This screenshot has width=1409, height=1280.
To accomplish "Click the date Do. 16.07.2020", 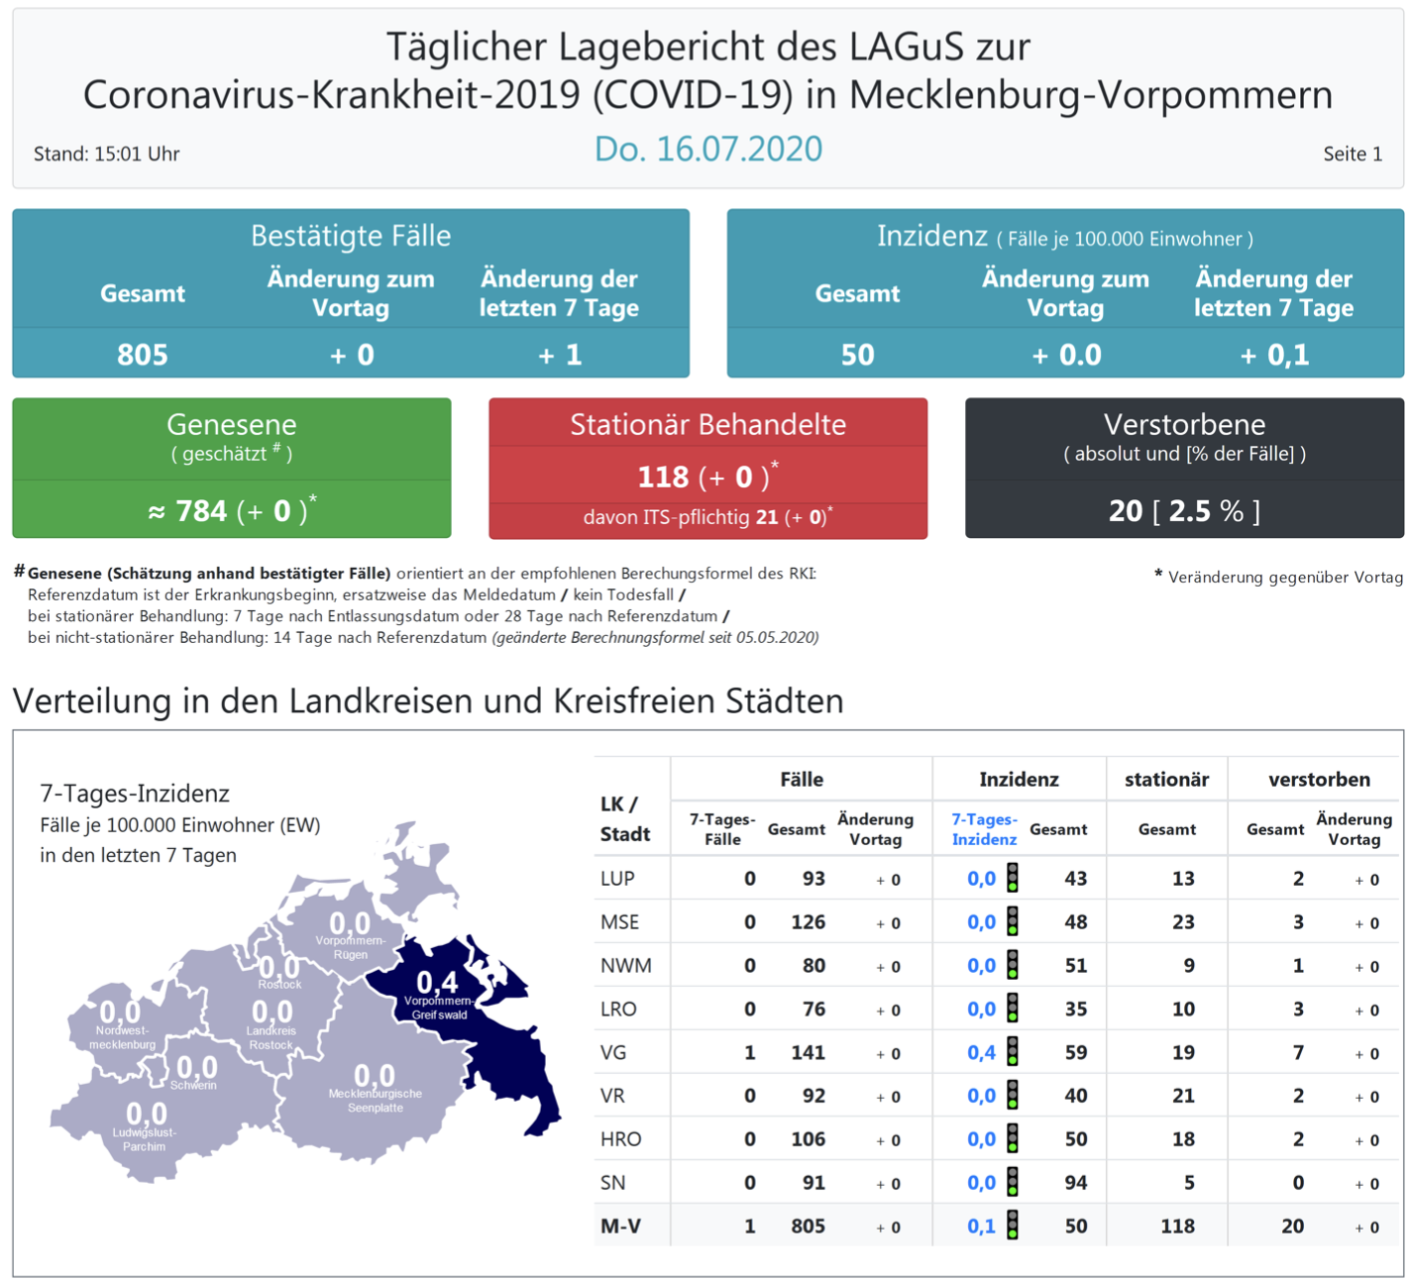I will (707, 149).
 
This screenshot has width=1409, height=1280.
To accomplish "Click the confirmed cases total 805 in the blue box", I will (143, 355).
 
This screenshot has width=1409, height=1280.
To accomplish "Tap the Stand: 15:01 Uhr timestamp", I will (107, 154).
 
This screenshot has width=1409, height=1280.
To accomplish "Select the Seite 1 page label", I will (1352, 154).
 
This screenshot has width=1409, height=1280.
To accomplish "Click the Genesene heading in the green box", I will (231, 424).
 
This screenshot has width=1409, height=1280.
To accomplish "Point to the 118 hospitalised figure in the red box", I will (663, 478).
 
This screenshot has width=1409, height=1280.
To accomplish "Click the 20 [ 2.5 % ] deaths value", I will (1184, 511).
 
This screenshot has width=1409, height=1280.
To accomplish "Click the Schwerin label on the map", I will (193, 1086).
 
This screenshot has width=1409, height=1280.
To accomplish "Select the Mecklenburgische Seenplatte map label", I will (375, 1101).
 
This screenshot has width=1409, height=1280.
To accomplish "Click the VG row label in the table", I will (613, 1052).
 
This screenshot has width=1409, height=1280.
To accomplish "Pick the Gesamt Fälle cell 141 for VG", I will (808, 1052).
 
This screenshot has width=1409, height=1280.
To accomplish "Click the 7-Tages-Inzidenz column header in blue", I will (983, 829).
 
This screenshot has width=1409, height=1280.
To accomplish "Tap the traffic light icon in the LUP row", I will (1013, 878).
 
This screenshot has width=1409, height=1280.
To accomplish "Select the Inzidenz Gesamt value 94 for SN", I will (1075, 1183).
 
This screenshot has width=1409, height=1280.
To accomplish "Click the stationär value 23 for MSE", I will (1182, 922).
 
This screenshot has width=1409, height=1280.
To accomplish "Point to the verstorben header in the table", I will (1318, 780).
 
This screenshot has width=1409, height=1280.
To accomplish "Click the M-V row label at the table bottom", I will (620, 1227).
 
